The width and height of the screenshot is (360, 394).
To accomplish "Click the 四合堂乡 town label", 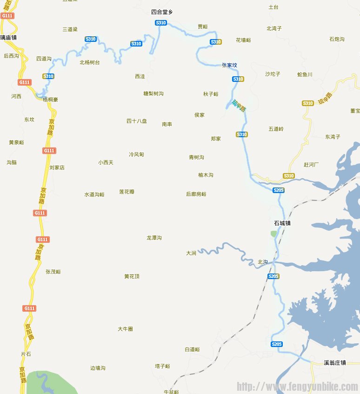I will (x=162, y=12).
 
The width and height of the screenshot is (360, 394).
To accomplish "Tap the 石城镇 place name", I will (x=282, y=223).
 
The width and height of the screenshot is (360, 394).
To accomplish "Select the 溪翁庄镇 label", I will (x=335, y=362).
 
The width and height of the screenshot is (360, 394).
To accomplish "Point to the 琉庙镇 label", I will (x=8, y=37).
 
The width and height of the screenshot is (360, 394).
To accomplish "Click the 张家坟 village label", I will (x=229, y=65).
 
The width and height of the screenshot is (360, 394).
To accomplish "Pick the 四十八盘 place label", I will (x=137, y=121).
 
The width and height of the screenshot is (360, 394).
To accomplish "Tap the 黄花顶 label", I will (x=132, y=277).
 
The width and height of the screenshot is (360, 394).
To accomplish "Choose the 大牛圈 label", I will (x=125, y=329).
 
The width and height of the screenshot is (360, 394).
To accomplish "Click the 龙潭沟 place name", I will (x=154, y=238).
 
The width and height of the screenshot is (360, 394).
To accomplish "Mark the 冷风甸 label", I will (x=136, y=154).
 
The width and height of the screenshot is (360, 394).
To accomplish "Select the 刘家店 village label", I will (x=57, y=167).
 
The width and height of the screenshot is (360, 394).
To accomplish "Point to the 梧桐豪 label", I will (x=50, y=100).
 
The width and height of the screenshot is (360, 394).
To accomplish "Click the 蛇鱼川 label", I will (x=305, y=74).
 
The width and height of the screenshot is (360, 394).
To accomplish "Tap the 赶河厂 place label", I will (x=311, y=165).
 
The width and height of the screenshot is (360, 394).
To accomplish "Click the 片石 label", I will (x=26, y=354).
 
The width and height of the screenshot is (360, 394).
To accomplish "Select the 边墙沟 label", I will (x=98, y=368).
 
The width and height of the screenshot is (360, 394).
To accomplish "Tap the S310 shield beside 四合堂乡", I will (x=160, y=23).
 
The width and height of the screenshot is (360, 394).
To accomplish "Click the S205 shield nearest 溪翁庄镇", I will (x=276, y=344).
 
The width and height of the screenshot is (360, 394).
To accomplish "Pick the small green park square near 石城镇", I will (x=273, y=234).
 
